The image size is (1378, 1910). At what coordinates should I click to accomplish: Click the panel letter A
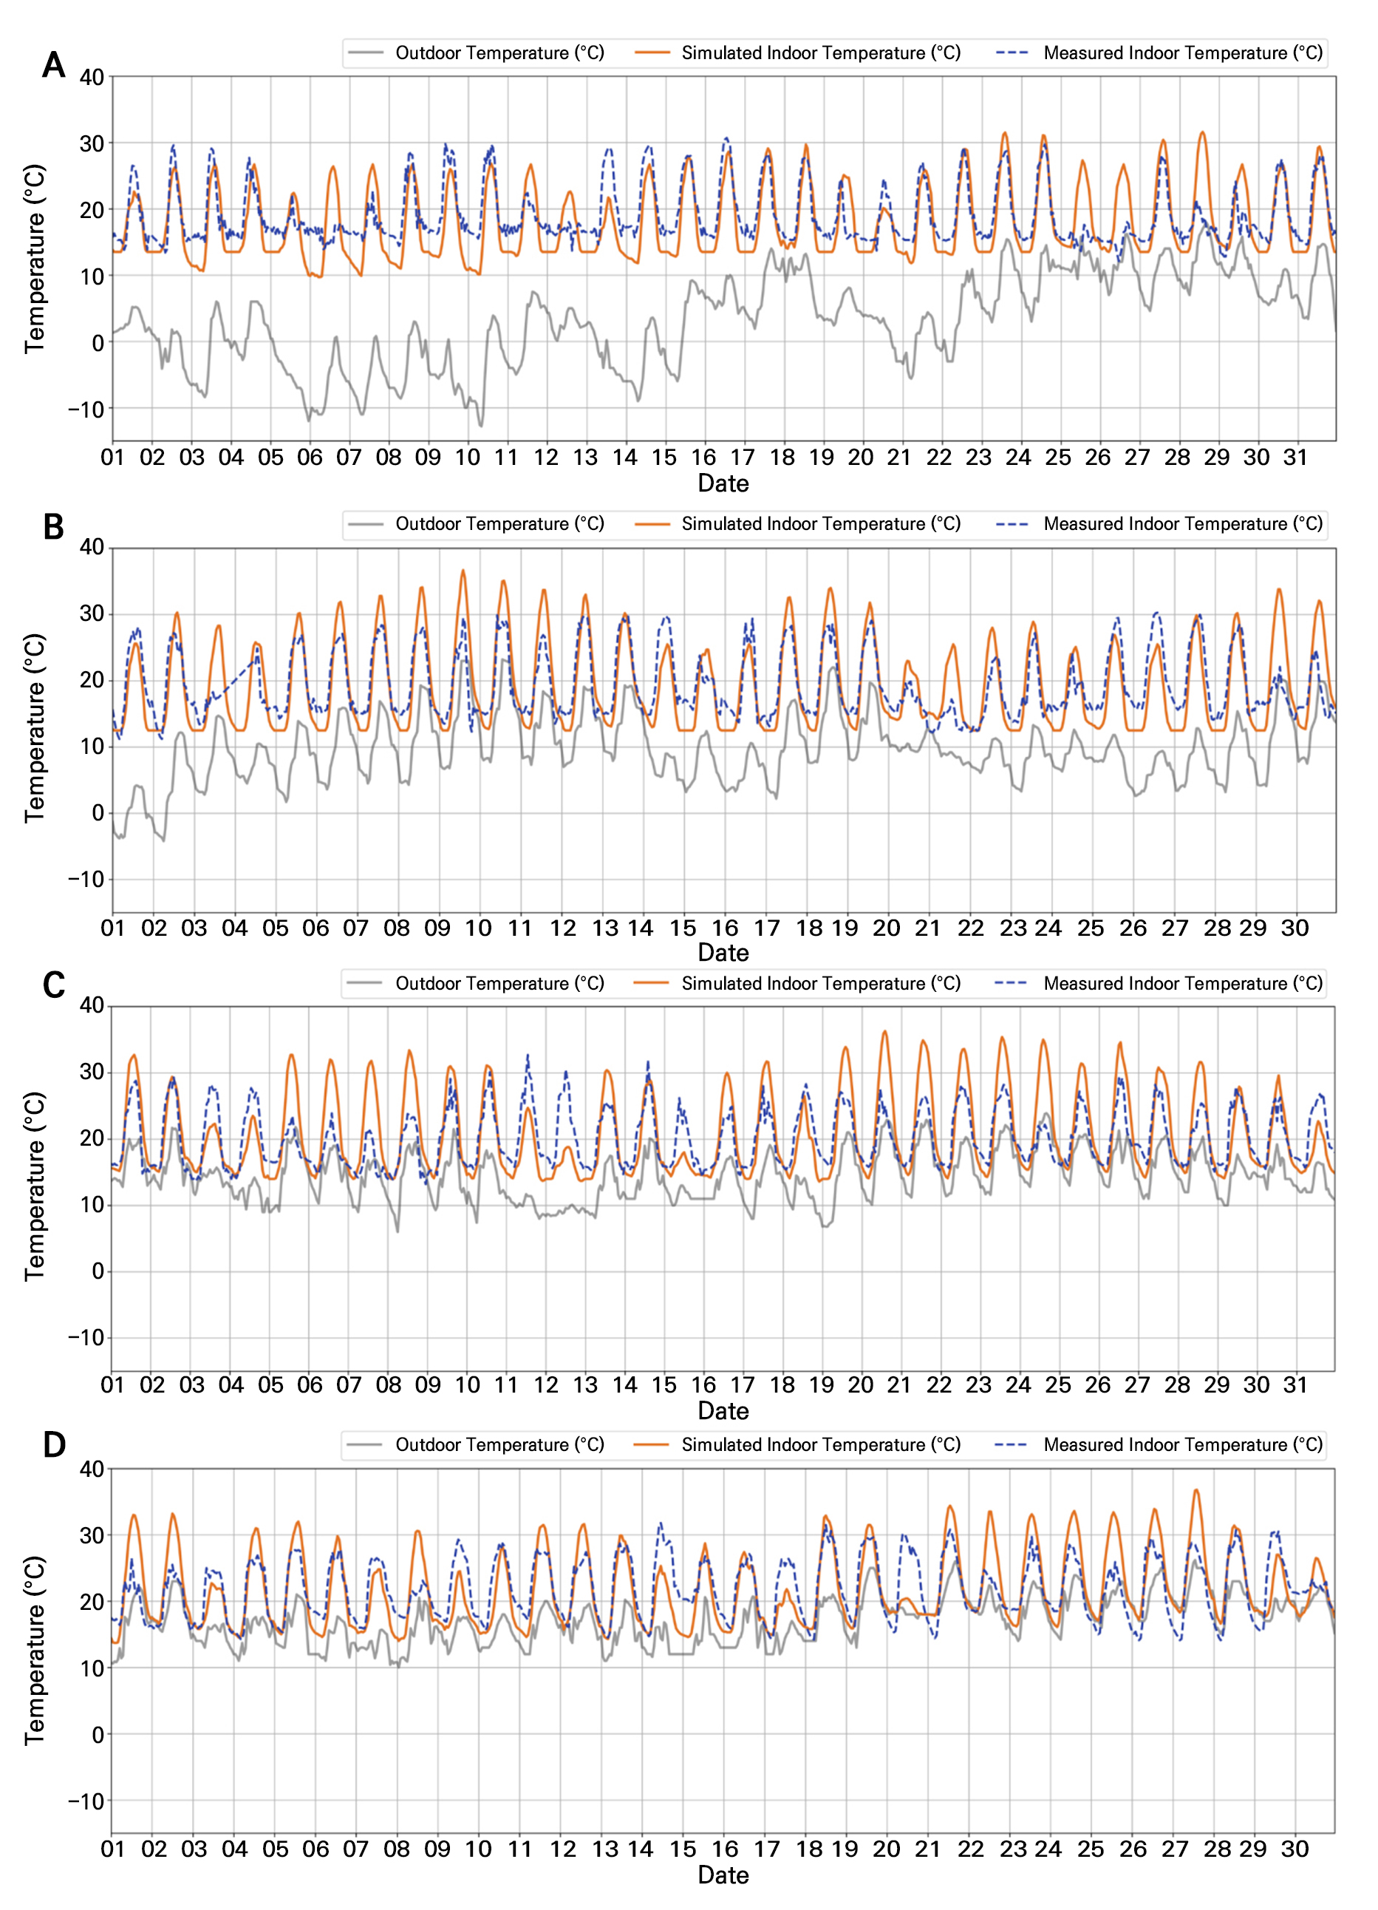(53, 65)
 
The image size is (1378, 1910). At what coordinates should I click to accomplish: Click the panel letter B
(53, 527)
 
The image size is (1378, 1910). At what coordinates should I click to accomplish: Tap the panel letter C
(53, 985)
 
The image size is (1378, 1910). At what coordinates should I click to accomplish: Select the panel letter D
(53, 1445)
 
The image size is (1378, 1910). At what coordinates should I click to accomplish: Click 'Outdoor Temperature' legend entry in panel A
(499, 53)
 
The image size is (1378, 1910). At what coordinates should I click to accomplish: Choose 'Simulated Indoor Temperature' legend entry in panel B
(821, 524)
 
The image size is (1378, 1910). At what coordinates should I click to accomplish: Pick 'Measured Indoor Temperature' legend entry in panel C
(1183, 984)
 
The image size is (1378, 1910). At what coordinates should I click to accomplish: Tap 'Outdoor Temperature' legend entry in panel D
(499, 1445)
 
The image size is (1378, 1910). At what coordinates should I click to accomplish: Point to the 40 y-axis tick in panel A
(92, 78)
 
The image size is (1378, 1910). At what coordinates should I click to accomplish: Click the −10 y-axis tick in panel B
(86, 879)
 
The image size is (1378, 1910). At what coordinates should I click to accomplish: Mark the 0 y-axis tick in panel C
(98, 1271)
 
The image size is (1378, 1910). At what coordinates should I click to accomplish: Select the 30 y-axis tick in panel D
(92, 1536)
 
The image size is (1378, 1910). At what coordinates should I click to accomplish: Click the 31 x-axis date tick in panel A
(1295, 458)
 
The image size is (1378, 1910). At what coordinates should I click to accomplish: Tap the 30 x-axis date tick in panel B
(1295, 928)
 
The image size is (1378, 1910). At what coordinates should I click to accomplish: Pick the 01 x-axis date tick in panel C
(112, 1384)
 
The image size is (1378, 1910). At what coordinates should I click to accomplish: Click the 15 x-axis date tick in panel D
(683, 1849)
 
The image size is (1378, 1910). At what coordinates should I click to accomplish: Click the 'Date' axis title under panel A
(723, 483)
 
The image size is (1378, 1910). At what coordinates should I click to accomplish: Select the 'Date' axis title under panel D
(723, 1875)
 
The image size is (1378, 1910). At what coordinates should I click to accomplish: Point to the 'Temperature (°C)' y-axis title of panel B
(35, 729)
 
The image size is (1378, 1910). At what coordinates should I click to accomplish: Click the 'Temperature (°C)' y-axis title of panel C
(35, 1187)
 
